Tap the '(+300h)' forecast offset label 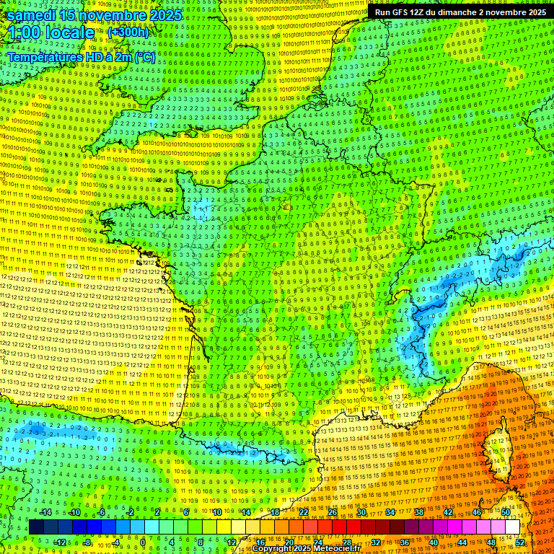pyautogui.click(x=128, y=32)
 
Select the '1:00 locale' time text pyautogui.click(x=51, y=33)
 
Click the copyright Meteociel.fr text pyautogui.click(x=311, y=549)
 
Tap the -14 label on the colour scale pyautogui.click(x=46, y=512)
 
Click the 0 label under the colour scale pyautogui.click(x=143, y=542)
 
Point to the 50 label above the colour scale pyautogui.click(x=506, y=512)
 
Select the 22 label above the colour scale pyautogui.click(x=304, y=512)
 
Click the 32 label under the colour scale pyautogui.click(x=376, y=542)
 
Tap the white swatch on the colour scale pyautogui.click(x=512, y=527)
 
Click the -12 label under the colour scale pyautogui.click(x=59, y=542)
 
